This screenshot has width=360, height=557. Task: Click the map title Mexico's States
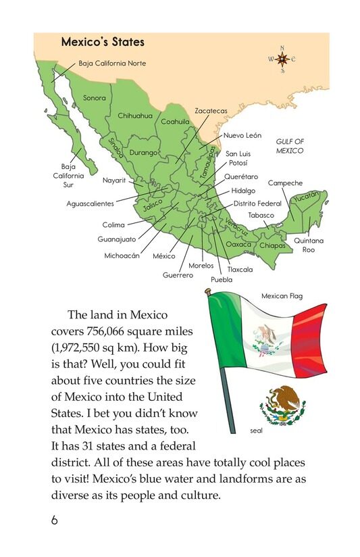point(103,42)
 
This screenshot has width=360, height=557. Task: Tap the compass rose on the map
point(282,59)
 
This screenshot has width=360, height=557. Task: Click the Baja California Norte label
point(112,64)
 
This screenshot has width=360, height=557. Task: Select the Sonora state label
point(95,98)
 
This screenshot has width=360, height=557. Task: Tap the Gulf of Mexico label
point(290,146)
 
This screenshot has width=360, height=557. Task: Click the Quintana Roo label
point(309,245)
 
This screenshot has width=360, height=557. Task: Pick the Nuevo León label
point(243,135)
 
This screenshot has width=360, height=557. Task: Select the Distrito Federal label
point(257,203)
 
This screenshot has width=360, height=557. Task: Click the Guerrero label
point(178,275)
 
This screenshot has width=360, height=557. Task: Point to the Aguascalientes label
point(90,203)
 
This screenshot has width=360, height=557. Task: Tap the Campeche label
point(285,183)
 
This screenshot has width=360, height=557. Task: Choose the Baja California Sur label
point(68,174)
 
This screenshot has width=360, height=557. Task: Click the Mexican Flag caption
point(282,295)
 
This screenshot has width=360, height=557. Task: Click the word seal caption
point(255,429)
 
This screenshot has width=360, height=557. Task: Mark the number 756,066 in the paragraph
point(108,332)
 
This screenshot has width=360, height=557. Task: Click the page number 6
point(54,520)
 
